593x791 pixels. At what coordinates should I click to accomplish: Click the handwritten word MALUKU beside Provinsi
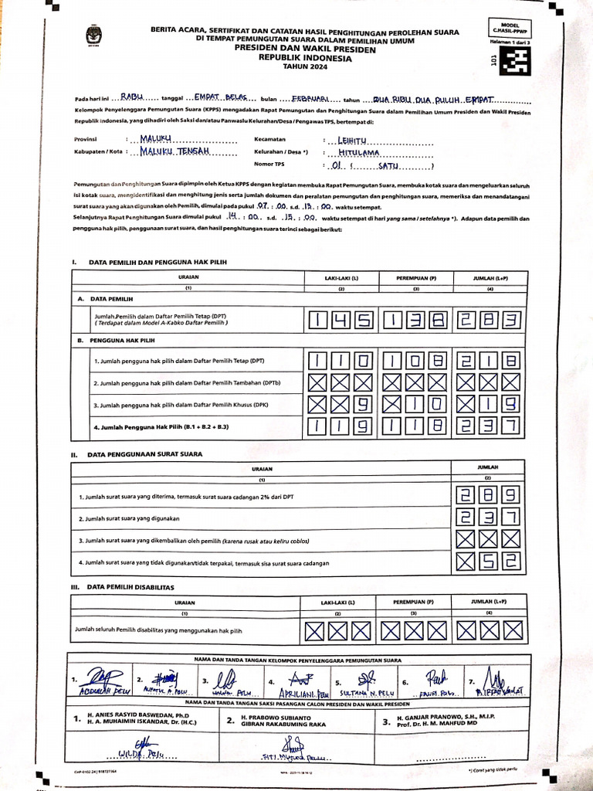tap(158, 139)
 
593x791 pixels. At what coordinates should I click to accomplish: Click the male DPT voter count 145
tap(341, 320)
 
